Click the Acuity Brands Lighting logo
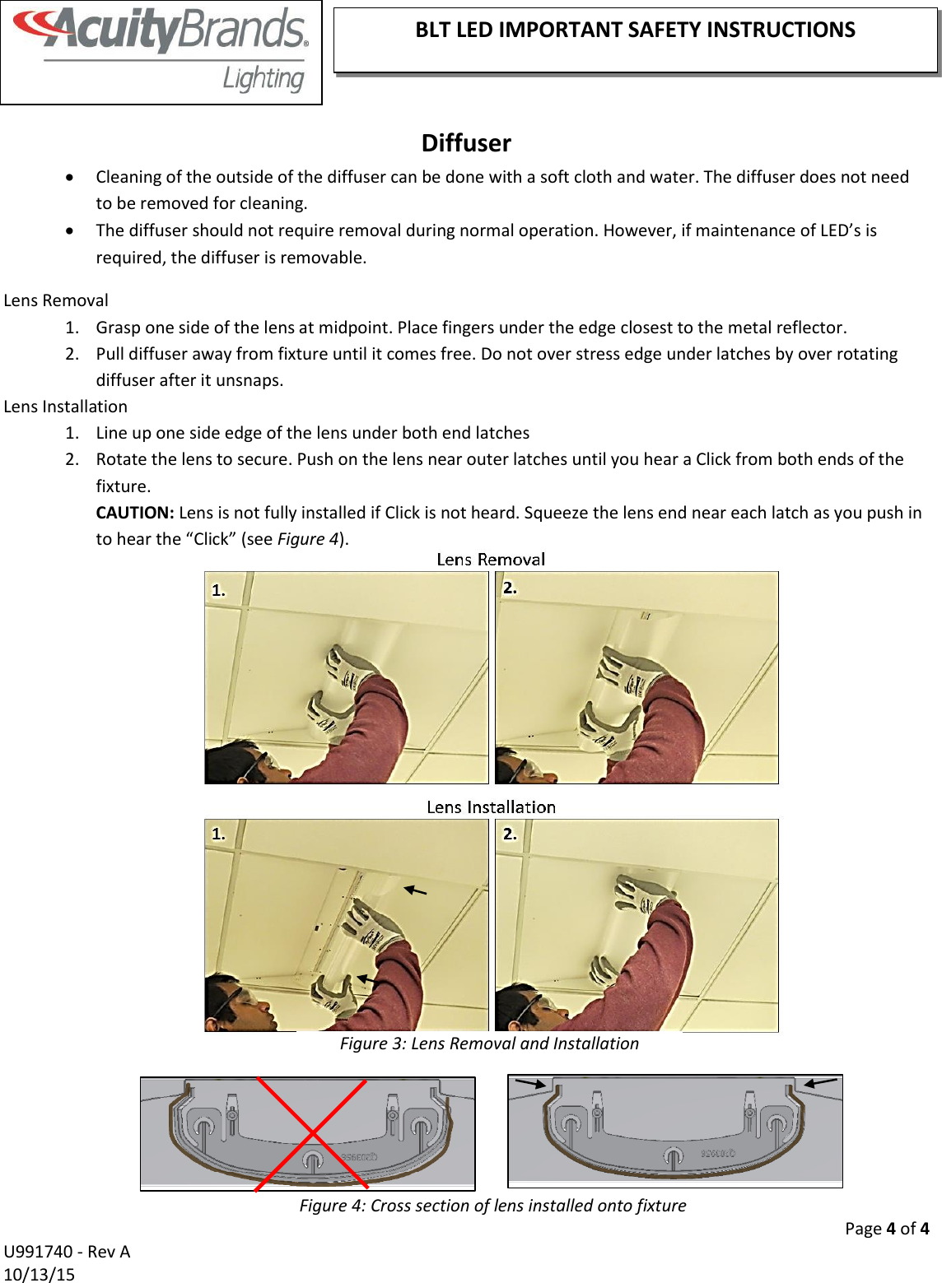pyautogui.click(x=161, y=51)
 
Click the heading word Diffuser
pyautogui.click(x=466, y=143)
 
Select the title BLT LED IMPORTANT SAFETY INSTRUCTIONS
pyautogui.click(x=635, y=30)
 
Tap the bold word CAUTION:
pyautogui.click(x=134, y=513)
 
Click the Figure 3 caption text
pyautogui.click(x=489, y=1044)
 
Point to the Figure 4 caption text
pyautogui.click(x=492, y=1206)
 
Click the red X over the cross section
pyautogui.click(x=311, y=1134)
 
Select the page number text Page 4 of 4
pyautogui.click(x=886, y=1229)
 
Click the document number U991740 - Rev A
pyautogui.click(x=67, y=1252)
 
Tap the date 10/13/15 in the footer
pyautogui.click(x=39, y=1274)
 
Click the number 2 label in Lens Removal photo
pyautogui.click(x=510, y=588)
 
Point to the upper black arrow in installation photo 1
pyautogui.click(x=415, y=890)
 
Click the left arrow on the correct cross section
pyautogui.click(x=529, y=1084)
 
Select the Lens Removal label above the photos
pyautogui.click(x=491, y=560)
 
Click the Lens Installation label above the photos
pyautogui.click(x=491, y=807)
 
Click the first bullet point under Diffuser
pyautogui.click(x=73, y=178)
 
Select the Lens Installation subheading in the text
pyautogui.click(x=66, y=407)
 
